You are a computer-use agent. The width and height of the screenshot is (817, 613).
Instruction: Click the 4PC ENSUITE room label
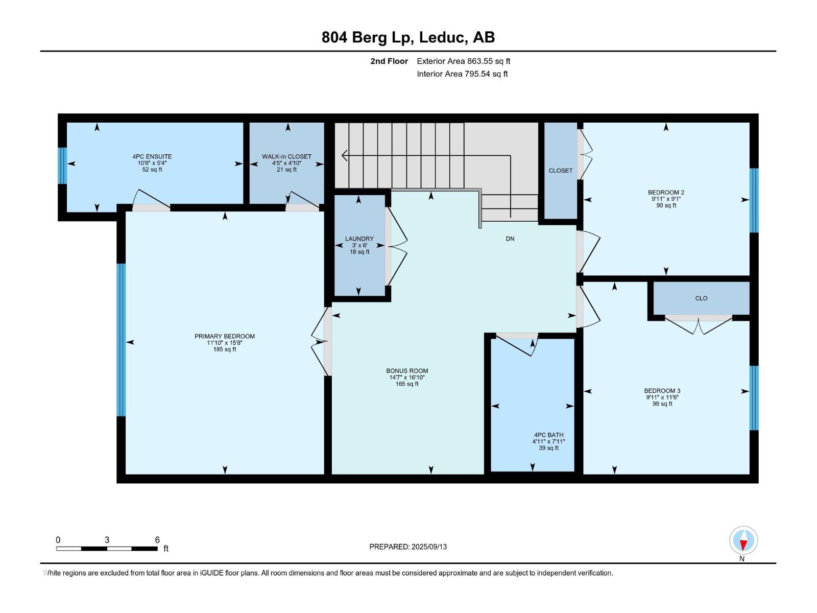(x=152, y=157)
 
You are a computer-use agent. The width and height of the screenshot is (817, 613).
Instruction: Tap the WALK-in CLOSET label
(x=286, y=157)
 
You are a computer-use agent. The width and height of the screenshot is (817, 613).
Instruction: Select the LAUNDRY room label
(x=359, y=239)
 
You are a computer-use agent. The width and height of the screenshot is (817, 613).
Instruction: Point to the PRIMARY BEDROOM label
(x=225, y=336)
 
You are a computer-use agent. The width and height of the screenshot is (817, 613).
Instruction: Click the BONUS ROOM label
(x=407, y=371)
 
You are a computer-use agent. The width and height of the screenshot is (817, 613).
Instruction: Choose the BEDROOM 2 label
(x=666, y=193)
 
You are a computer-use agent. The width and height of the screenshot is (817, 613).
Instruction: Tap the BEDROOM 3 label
(x=662, y=391)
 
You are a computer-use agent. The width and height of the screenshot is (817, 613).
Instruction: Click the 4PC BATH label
(x=548, y=435)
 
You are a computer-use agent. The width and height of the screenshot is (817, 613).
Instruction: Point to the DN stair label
(x=510, y=239)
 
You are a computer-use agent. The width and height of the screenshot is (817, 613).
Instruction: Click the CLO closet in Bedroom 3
(x=701, y=298)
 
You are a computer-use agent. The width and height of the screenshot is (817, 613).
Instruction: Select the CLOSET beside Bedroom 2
(x=561, y=171)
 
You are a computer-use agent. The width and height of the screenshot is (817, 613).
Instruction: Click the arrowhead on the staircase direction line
(x=344, y=155)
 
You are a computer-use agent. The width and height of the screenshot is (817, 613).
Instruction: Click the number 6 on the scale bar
(x=157, y=539)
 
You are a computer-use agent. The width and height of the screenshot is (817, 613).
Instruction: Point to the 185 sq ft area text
(x=225, y=349)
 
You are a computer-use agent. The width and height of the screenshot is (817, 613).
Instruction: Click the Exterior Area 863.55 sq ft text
(x=464, y=61)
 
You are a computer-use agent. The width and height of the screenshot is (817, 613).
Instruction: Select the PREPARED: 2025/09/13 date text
(x=408, y=547)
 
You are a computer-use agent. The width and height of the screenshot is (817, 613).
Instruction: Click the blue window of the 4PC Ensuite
(x=62, y=166)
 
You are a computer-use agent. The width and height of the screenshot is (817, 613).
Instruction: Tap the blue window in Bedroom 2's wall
(x=754, y=200)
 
